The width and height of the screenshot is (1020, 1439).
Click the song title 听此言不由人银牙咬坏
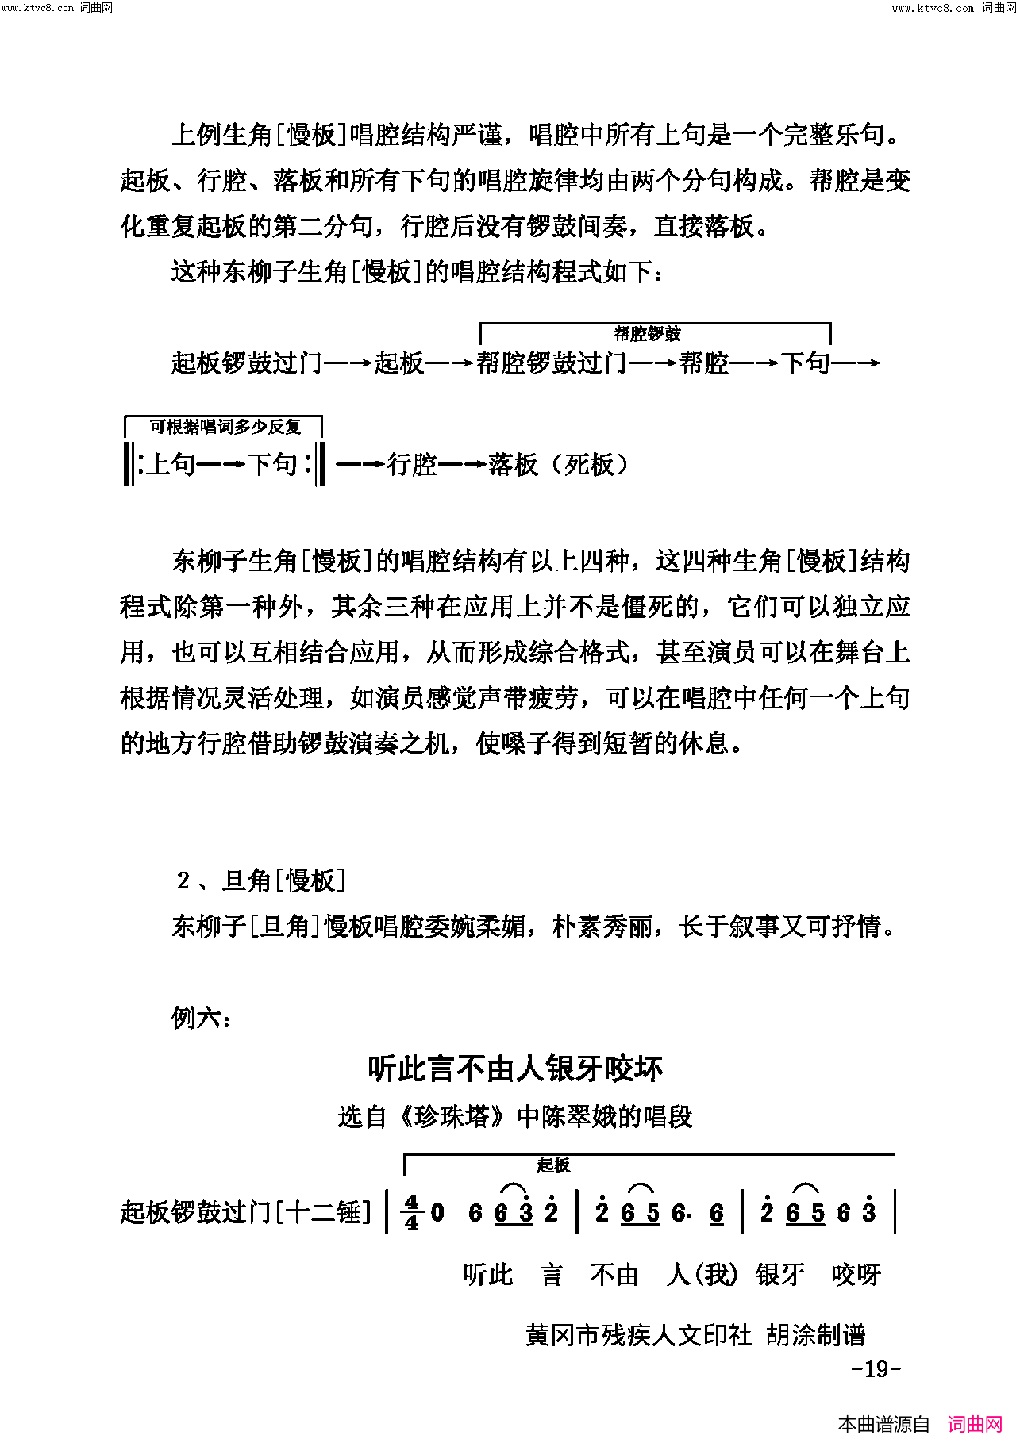(514, 1069)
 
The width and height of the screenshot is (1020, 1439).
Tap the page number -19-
(876, 1368)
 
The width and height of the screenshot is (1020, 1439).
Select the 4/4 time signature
(411, 1212)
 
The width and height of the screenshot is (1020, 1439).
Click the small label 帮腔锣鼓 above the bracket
(647, 334)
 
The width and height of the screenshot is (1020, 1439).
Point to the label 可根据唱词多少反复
(225, 427)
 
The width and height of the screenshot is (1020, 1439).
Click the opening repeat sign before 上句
(132, 464)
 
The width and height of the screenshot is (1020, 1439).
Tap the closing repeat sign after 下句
(315, 464)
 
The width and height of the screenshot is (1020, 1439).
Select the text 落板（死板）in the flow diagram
(559, 464)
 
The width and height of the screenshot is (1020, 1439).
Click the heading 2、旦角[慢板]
(261, 881)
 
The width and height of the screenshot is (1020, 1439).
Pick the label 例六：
(201, 1017)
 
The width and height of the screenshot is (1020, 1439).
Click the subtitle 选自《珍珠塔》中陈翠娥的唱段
(515, 1117)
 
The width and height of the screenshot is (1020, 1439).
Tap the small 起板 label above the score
(553, 1165)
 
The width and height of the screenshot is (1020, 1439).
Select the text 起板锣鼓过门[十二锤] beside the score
(245, 1212)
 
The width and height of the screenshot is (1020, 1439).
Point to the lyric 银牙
(779, 1275)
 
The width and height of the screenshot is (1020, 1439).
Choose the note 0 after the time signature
(437, 1212)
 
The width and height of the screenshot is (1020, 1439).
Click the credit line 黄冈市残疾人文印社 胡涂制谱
(695, 1335)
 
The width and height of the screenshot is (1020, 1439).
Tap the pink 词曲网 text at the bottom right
(976, 1425)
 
